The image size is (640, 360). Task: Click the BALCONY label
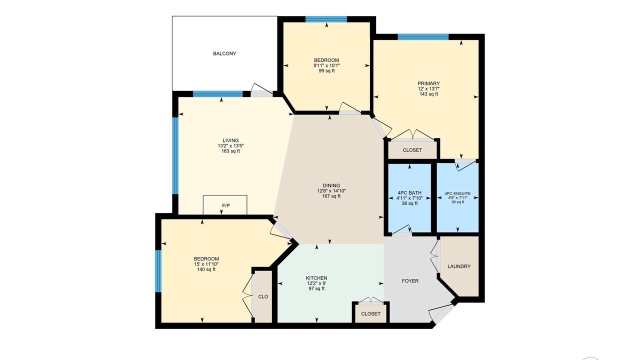coord(224,53)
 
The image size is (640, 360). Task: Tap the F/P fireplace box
coord(225,204)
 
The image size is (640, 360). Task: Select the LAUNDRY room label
coord(459,266)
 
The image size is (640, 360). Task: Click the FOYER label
coord(410,281)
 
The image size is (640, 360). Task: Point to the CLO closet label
coord(263,296)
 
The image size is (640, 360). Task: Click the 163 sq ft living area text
coord(230,151)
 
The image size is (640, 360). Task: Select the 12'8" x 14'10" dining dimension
coord(331,190)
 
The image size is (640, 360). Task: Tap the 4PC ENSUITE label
coord(457,193)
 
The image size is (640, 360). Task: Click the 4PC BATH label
coord(409,192)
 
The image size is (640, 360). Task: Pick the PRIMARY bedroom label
coord(428,83)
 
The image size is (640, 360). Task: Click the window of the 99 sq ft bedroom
coord(326,19)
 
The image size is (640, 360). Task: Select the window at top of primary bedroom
coord(423,37)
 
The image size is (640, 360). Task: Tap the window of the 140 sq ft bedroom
coord(158,271)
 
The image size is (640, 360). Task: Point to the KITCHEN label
coord(316,278)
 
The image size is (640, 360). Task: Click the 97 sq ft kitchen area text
coord(316,288)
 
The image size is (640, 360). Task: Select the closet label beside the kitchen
coord(370,313)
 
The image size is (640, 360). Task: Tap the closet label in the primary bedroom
coord(412,150)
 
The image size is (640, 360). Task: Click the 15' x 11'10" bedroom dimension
coord(206,264)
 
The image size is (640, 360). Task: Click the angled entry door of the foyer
coord(442,313)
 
